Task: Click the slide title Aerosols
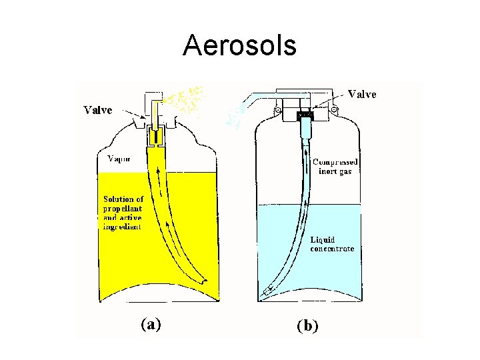click(x=239, y=45)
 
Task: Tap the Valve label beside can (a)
click(x=98, y=110)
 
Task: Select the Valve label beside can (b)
click(x=362, y=95)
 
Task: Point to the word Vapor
click(x=119, y=159)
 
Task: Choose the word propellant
click(x=123, y=209)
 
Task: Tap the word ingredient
click(x=122, y=227)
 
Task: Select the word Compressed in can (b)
click(x=335, y=162)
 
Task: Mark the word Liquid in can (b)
click(x=323, y=239)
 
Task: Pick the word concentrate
click(x=332, y=249)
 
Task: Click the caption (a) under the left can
click(x=151, y=324)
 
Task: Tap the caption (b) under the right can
click(x=308, y=325)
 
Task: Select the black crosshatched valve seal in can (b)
click(x=306, y=115)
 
